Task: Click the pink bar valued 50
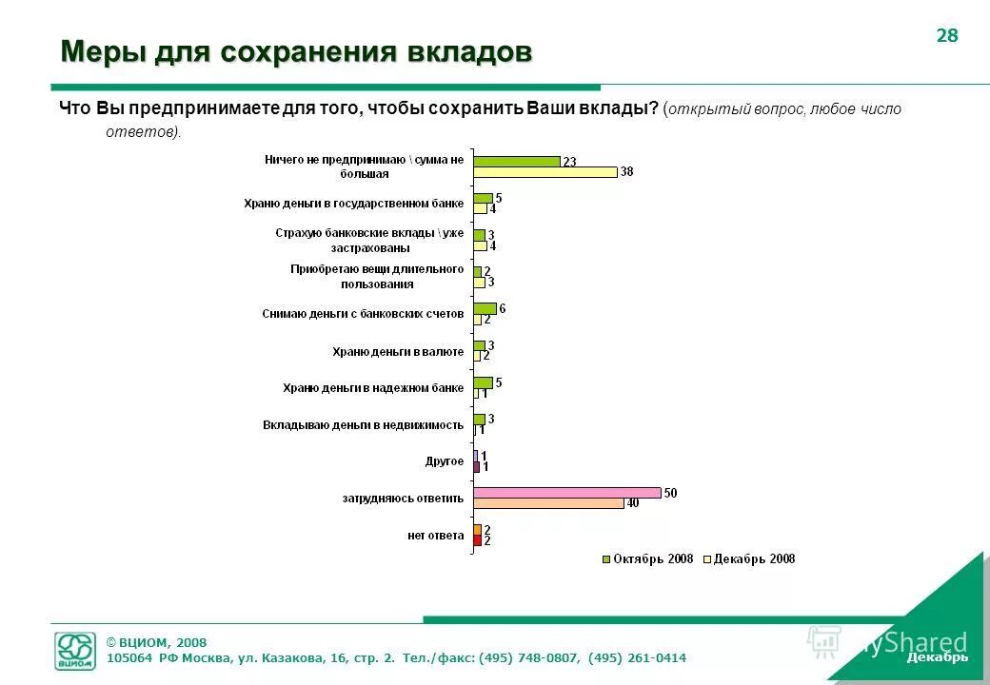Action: point(566,493)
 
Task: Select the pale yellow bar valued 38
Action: point(544,172)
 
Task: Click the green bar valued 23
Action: point(516,161)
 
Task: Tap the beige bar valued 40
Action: point(548,503)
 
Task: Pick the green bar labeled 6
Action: point(485,308)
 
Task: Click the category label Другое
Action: point(444,461)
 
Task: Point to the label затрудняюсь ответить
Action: point(403,498)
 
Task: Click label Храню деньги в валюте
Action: point(397,352)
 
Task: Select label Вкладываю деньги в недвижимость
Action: point(363,424)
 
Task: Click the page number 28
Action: point(947,36)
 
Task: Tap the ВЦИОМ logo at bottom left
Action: point(76,651)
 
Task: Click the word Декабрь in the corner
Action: point(937,657)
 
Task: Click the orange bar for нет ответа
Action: point(477,529)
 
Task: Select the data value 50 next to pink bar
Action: point(670,493)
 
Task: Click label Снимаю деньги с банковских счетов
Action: point(363,314)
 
